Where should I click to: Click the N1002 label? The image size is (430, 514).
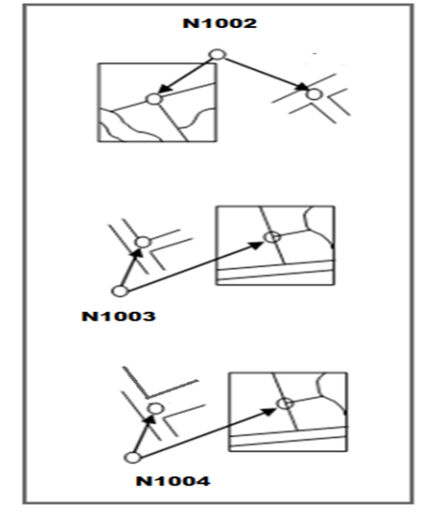219,23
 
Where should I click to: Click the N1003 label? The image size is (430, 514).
118,316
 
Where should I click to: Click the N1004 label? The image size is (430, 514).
173,482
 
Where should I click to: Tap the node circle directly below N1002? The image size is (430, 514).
218,55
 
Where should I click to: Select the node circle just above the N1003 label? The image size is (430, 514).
120,291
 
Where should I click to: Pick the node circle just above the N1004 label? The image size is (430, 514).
133,457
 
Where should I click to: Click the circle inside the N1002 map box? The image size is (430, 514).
154,99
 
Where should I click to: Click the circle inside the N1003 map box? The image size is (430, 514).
273,237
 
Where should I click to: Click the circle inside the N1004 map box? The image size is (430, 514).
285,403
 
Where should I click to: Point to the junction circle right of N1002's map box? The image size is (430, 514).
314,94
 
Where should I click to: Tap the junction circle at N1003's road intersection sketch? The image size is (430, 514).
143,243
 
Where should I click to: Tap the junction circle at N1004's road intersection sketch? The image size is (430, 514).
156,409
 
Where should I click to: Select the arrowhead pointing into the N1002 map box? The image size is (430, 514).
165,88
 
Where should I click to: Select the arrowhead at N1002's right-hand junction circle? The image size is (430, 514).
302,86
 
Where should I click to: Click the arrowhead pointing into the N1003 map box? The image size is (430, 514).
256,245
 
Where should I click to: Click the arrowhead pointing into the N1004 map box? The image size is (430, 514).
270,412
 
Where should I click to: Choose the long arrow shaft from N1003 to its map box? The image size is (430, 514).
192,267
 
